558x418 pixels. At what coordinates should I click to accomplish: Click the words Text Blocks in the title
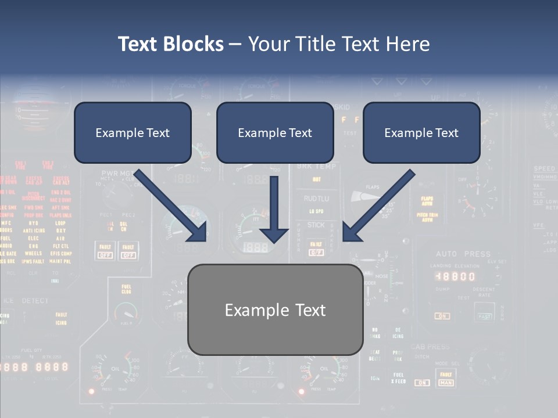tap(170, 44)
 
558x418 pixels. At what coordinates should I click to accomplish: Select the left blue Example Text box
tap(133, 133)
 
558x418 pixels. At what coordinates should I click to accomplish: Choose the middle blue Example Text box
tap(275, 133)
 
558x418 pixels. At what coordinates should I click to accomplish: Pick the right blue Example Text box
tap(421, 133)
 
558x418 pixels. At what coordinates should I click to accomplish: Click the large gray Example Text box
tap(275, 309)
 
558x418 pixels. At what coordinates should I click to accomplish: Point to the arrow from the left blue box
tap(171, 207)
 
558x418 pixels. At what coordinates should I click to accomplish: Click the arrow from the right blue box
tap(378, 207)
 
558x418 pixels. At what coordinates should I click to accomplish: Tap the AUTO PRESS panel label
tap(463, 254)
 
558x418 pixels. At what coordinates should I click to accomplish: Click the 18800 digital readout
tap(455, 277)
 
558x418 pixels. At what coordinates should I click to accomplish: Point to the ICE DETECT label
tap(27, 301)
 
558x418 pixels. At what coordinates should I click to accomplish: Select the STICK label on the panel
tap(316, 225)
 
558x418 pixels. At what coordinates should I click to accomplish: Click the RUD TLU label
tap(316, 198)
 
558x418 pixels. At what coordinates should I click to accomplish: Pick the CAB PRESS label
tap(430, 347)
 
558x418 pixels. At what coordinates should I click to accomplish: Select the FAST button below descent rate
tap(484, 316)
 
